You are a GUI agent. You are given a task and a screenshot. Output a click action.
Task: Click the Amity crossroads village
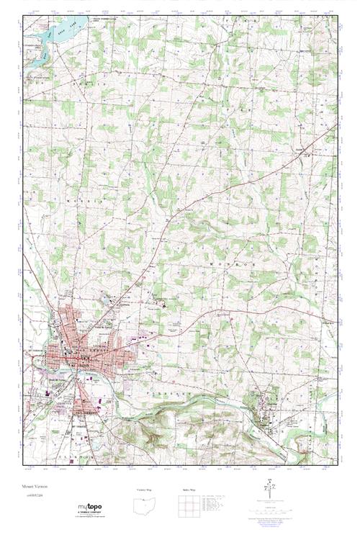coord(308,151)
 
